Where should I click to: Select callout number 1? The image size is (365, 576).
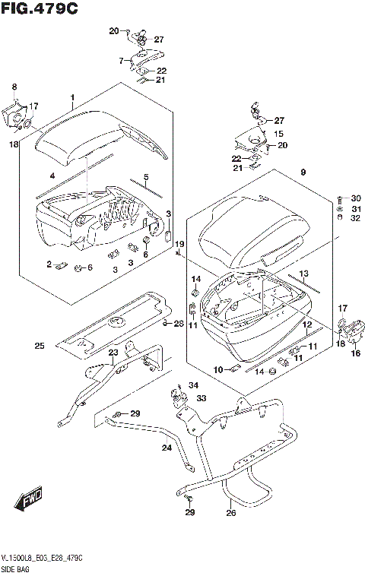click(72, 98)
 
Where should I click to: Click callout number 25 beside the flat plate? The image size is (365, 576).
click(39, 347)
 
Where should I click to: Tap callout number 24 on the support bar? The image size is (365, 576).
click(167, 448)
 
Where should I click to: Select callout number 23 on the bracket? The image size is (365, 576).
click(113, 352)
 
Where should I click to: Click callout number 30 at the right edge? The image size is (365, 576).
click(356, 198)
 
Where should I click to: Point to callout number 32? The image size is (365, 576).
click(356, 218)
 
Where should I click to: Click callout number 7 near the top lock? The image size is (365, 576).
click(120, 60)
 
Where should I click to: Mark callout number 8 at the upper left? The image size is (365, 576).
click(14, 88)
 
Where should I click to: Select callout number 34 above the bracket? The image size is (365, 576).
click(193, 385)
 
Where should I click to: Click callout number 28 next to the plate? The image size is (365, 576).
click(179, 324)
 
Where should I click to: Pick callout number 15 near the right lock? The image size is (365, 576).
click(278, 133)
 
